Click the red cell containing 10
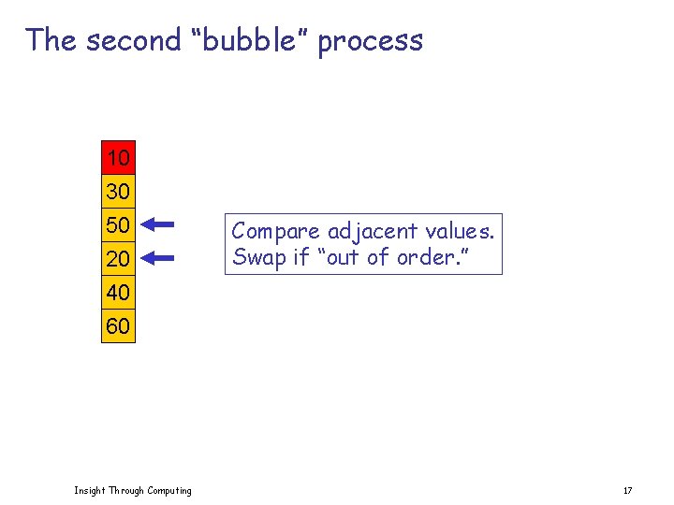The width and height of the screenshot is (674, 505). point(118,157)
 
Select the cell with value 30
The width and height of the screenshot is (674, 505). point(118,192)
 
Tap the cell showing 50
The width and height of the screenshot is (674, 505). point(118,225)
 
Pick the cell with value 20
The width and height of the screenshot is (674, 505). point(118,258)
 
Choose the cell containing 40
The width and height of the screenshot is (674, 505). point(118,293)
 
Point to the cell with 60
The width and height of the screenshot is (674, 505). point(118,326)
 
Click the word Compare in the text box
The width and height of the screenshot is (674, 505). point(276,231)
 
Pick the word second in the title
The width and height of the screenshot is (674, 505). point(133,40)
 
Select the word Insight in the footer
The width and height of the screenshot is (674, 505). point(90,490)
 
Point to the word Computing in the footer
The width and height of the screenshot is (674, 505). point(168,490)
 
